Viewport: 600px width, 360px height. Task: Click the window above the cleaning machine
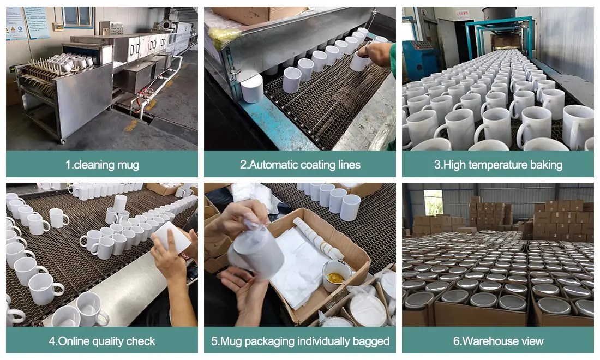(x=77, y=16)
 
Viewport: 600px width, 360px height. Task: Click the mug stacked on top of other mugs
(x=120, y=203)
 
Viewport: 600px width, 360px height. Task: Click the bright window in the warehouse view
(x=433, y=203)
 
